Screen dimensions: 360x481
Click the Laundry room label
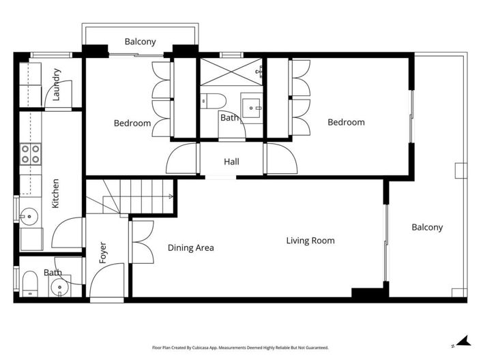(57, 85)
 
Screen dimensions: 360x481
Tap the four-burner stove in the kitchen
(29, 154)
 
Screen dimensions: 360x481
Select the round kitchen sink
(27, 217)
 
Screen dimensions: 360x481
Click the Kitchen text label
(56, 193)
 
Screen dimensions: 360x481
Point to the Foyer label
(103, 252)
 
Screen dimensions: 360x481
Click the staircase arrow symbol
(171, 196)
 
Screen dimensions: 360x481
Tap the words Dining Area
(190, 247)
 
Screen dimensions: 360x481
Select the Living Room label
(310, 241)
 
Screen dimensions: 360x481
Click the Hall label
(231, 162)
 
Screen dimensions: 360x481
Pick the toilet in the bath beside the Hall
(210, 101)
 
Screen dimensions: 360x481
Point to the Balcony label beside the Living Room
(427, 227)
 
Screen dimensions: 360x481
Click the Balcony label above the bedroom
(140, 42)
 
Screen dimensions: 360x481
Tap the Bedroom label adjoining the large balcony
(346, 123)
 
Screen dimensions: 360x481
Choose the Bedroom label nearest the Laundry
(132, 123)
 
